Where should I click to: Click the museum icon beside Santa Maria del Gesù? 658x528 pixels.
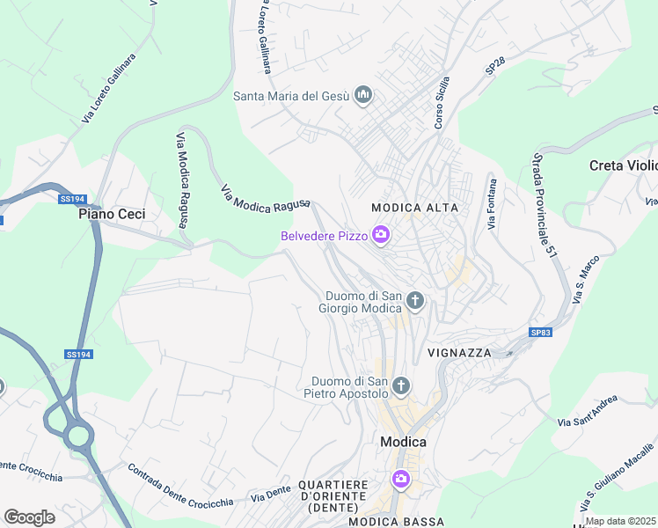(x=363, y=96)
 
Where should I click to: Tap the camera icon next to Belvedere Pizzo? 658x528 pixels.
(x=381, y=235)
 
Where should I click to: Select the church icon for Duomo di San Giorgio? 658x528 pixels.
(x=416, y=303)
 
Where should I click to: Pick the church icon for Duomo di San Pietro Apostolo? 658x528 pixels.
(x=401, y=385)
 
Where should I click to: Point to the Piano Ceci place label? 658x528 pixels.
(x=112, y=214)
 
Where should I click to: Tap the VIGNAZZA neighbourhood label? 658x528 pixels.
(x=458, y=352)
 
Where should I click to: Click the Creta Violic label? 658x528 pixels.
(x=623, y=165)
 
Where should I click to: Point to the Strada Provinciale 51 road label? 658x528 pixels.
(x=545, y=204)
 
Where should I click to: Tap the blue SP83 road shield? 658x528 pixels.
(x=541, y=332)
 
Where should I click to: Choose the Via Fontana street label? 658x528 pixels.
(x=493, y=204)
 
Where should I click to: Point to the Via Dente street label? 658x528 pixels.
(x=270, y=494)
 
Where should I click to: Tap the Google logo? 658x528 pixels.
(x=30, y=517)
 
